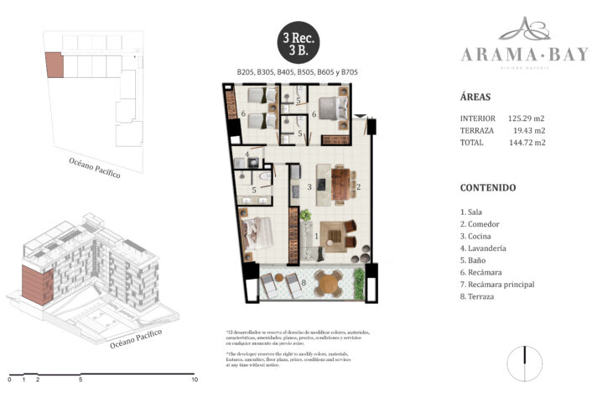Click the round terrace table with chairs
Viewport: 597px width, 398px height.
click(x=330, y=284)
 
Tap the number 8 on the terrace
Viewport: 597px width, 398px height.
click(x=304, y=283)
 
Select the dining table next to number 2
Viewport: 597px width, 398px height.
click(x=340, y=184)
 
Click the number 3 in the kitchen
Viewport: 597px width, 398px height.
click(x=309, y=186)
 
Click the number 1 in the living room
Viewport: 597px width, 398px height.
click(x=315, y=237)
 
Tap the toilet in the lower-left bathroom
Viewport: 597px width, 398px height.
click(x=264, y=179)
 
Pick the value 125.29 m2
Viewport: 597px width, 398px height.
click(x=527, y=118)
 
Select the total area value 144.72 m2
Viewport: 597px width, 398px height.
click(x=527, y=143)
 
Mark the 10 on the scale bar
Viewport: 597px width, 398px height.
click(x=194, y=380)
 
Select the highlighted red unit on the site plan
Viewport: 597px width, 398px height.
click(x=53, y=65)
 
